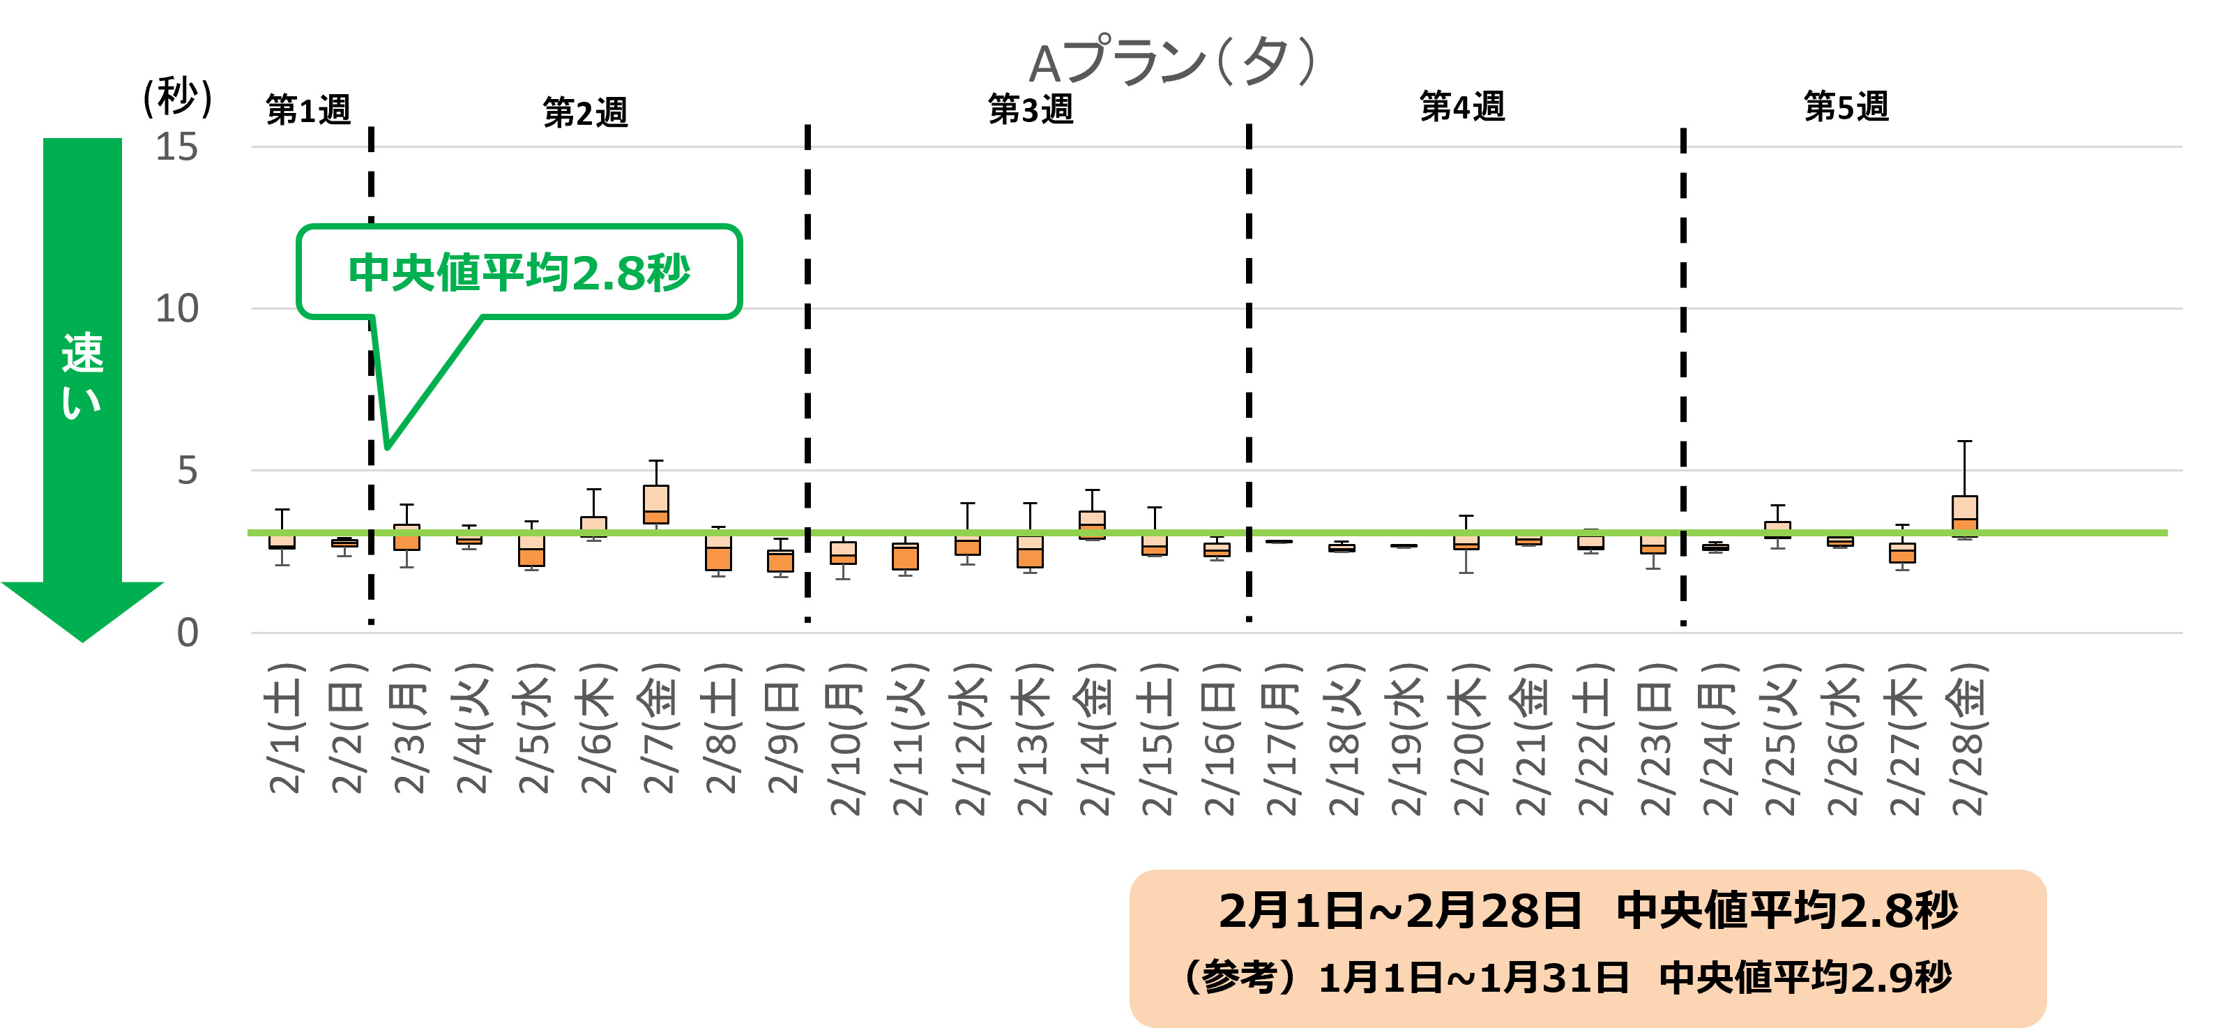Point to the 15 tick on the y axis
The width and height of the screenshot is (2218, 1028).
tap(176, 147)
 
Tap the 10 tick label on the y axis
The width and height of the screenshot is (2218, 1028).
tap(176, 309)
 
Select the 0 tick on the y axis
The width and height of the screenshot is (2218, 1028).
tap(187, 633)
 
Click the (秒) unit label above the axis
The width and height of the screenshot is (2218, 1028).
tap(177, 96)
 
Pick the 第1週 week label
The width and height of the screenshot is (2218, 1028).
tap(308, 110)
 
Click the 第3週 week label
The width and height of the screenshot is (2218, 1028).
tap(1031, 109)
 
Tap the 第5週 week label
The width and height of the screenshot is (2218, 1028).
tap(1846, 107)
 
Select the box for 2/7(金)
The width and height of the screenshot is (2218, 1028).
tap(656, 504)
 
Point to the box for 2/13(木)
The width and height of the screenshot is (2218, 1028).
tap(1030, 551)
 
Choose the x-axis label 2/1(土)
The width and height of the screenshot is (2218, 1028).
tap(285, 728)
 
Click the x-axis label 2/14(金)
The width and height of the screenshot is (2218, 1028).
tap(1095, 739)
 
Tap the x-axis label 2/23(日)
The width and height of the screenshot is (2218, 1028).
tap(1656, 739)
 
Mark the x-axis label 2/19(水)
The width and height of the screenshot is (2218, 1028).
tap(1407, 739)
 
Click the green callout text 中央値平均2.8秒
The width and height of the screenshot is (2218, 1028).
tap(519, 273)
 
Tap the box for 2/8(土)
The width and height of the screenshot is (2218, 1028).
tap(718, 552)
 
